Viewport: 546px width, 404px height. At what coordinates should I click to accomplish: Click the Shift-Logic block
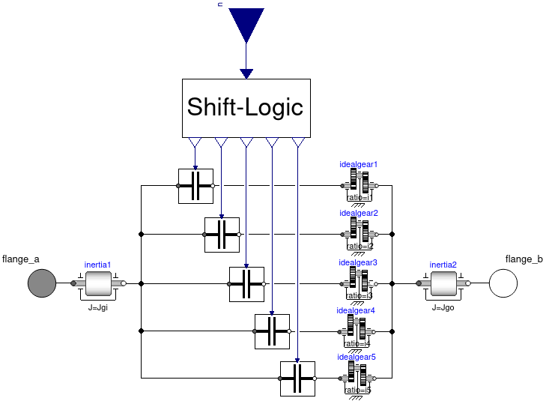[246, 108]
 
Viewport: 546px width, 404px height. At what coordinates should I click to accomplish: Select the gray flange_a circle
[42, 284]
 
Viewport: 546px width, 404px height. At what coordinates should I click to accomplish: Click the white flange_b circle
[504, 284]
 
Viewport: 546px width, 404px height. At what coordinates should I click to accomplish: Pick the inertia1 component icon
[98, 284]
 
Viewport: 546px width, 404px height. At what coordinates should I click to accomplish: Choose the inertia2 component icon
[443, 284]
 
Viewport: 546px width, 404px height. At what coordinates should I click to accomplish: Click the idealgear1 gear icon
[360, 186]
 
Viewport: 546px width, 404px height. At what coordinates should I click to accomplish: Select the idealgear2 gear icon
[360, 235]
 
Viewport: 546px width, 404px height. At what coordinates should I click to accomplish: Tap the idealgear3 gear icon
[360, 284]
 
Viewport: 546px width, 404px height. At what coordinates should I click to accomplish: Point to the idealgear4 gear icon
[360, 331]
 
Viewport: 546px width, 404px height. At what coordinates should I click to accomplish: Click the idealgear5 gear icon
[360, 379]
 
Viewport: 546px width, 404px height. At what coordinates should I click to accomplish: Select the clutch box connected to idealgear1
[195, 186]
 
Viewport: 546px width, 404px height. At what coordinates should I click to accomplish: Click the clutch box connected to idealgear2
[222, 235]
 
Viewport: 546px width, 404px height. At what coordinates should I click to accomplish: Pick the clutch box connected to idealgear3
[246, 284]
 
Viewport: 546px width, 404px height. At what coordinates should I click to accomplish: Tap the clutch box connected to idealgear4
[272, 331]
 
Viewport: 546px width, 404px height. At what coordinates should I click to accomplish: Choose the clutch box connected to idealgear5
[297, 379]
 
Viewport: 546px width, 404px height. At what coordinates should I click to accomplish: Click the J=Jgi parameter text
[97, 307]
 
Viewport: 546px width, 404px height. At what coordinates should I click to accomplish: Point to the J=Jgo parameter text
[444, 307]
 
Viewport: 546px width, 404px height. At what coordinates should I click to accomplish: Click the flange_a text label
[20, 259]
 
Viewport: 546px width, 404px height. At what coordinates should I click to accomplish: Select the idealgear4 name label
[356, 310]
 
